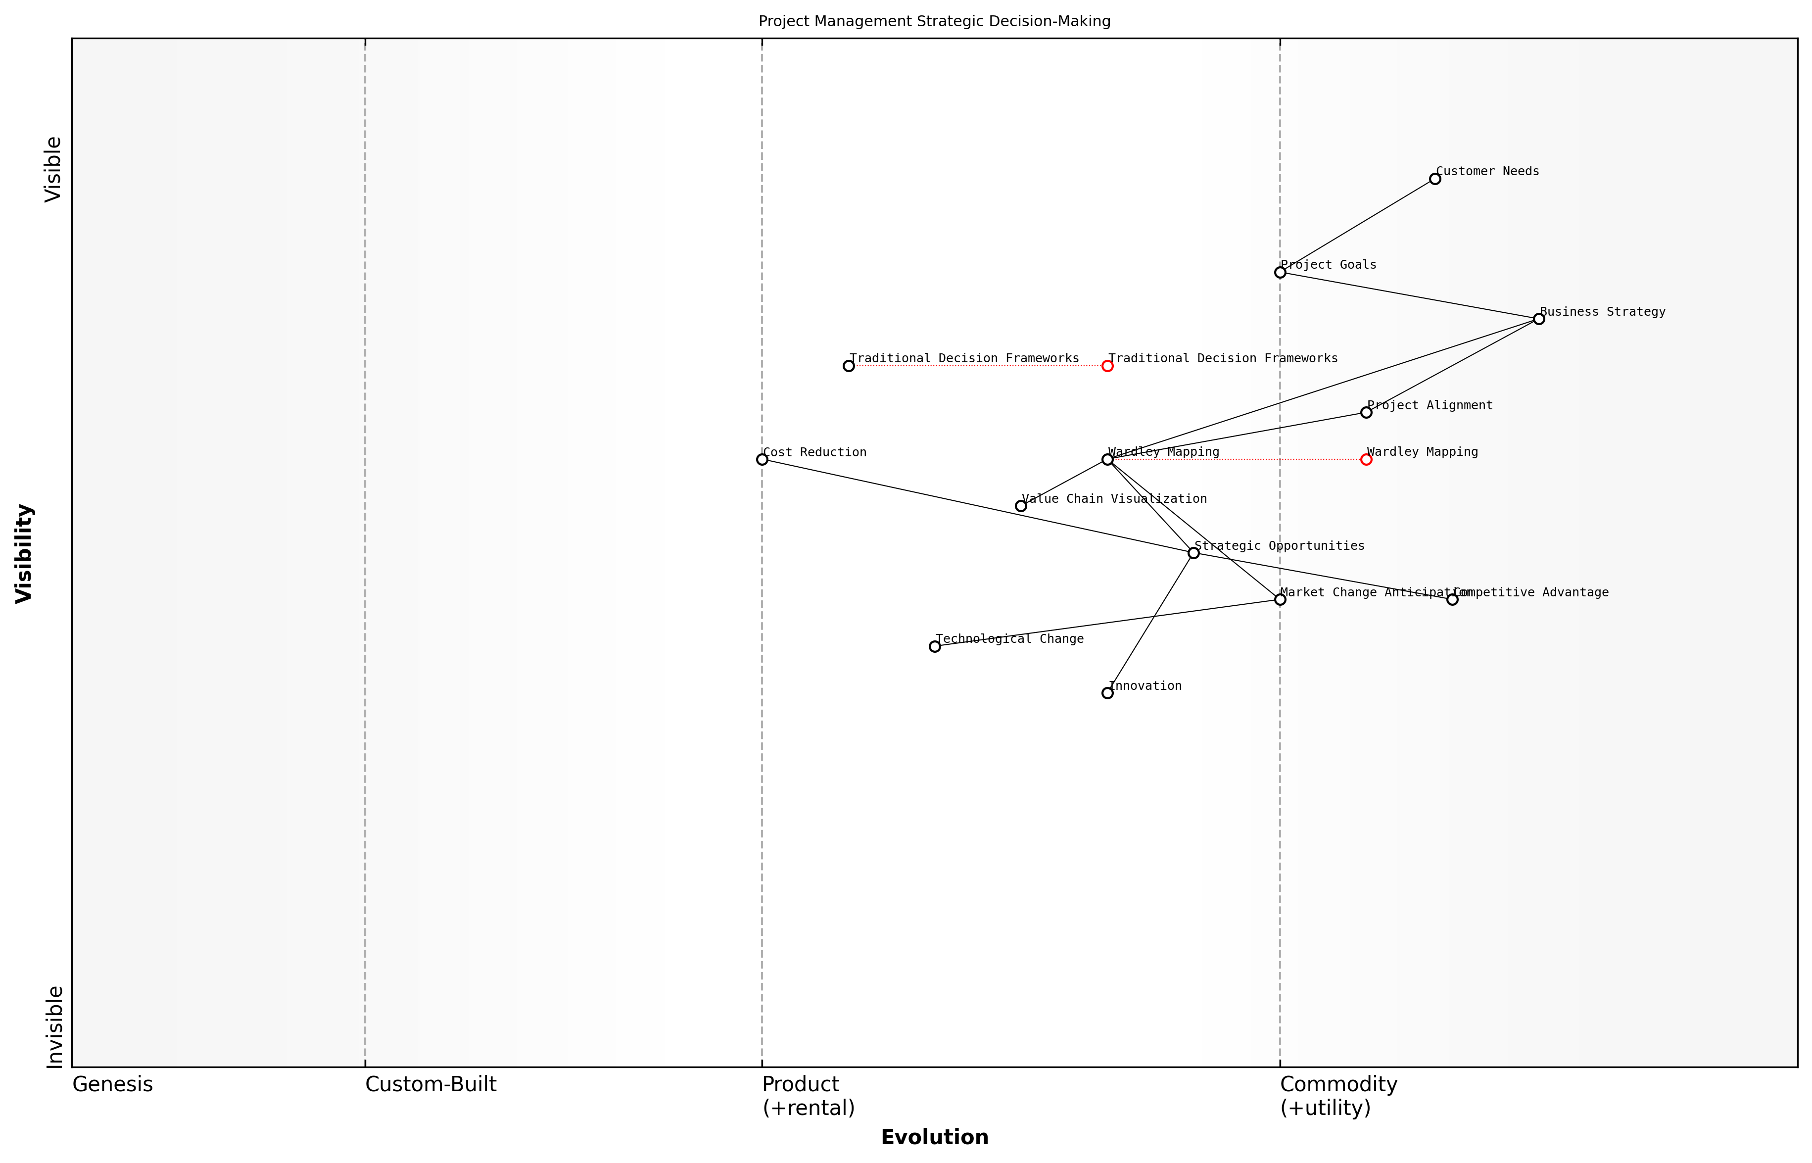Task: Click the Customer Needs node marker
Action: [x=1434, y=179]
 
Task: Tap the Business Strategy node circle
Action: [x=1539, y=319]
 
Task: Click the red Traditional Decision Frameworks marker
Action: [x=1107, y=366]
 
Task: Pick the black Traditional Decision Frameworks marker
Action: [x=849, y=366]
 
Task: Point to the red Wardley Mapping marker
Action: [x=1366, y=459]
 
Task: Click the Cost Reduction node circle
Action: [x=762, y=459]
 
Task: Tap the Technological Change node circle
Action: [x=935, y=646]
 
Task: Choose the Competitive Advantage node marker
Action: [x=1452, y=600]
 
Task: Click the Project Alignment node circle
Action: [x=1366, y=412]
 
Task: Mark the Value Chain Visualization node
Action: [x=1021, y=506]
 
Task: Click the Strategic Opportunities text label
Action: [x=1279, y=546]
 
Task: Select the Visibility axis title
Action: [x=24, y=553]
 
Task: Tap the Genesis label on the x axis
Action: [x=112, y=1084]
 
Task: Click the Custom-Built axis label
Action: [x=430, y=1084]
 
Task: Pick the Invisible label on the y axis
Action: [x=54, y=1026]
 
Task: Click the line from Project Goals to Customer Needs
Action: [x=1357, y=226]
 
